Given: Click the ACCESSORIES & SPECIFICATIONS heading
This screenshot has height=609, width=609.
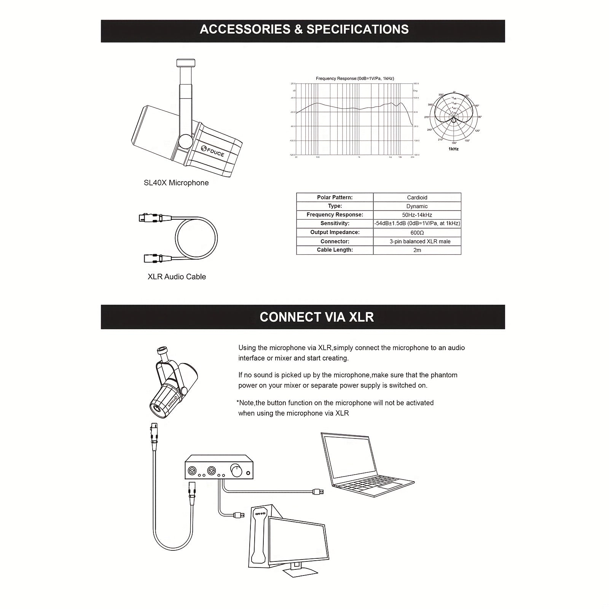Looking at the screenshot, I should pyautogui.click(x=304, y=30).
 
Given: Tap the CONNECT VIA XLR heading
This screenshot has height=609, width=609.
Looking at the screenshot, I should pyautogui.click(x=317, y=317).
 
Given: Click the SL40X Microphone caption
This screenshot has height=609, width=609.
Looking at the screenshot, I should pyautogui.click(x=176, y=183).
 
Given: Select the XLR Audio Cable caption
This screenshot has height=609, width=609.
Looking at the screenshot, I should pyautogui.click(x=177, y=277).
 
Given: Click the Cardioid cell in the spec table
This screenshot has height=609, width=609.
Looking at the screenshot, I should pyautogui.click(x=417, y=198).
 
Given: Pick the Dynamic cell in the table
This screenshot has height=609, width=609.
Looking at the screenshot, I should pyautogui.click(x=417, y=206).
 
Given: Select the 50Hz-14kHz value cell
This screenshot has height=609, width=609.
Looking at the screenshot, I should pyautogui.click(x=417, y=215).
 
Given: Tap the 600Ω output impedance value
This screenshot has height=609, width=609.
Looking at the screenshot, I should pyautogui.click(x=417, y=233).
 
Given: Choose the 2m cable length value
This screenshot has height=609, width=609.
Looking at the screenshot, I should pyautogui.click(x=417, y=250).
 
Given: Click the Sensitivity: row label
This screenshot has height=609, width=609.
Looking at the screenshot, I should pyautogui.click(x=335, y=223).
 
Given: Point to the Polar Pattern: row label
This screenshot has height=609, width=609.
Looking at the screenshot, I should pyautogui.click(x=335, y=198).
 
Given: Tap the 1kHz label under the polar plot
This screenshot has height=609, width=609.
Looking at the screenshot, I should pyautogui.click(x=453, y=149).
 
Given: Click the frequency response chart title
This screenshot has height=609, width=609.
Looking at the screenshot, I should pyautogui.click(x=355, y=78).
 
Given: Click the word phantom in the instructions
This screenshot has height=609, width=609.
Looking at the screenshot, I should pyautogui.click(x=444, y=375).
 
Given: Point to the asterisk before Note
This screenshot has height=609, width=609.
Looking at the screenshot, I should pyautogui.click(x=238, y=402).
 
